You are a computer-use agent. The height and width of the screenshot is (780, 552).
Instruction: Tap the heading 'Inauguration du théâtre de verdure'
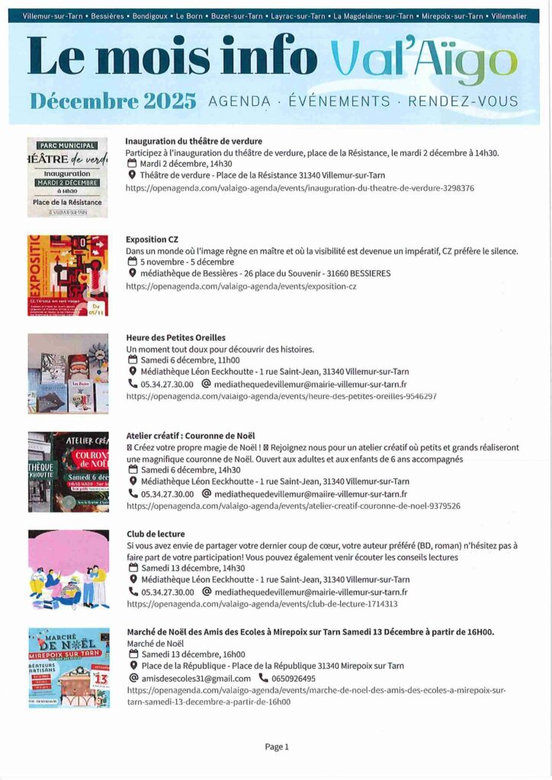point(194,141)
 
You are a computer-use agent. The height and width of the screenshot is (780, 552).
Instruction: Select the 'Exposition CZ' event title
point(152,239)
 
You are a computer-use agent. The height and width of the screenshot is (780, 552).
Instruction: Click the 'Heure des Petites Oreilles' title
point(176,337)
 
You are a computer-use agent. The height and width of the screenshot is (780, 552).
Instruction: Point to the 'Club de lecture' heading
point(156,534)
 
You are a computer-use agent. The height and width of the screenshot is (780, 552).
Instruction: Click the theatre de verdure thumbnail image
point(68,177)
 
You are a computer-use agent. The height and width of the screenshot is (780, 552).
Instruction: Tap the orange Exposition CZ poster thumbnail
point(68,275)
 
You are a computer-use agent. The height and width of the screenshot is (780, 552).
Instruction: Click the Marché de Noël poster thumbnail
point(68,668)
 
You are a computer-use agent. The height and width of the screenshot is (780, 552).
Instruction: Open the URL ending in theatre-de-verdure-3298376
point(300,187)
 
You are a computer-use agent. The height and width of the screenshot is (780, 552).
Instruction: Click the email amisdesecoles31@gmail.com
point(196,678)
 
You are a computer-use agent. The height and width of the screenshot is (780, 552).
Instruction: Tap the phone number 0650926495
point(294,678)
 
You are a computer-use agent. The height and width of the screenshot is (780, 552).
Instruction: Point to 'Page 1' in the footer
point(276,747)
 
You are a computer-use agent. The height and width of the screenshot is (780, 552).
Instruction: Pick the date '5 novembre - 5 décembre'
point(188,261)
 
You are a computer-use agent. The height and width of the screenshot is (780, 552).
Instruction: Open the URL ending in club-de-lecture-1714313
point(262,604)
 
